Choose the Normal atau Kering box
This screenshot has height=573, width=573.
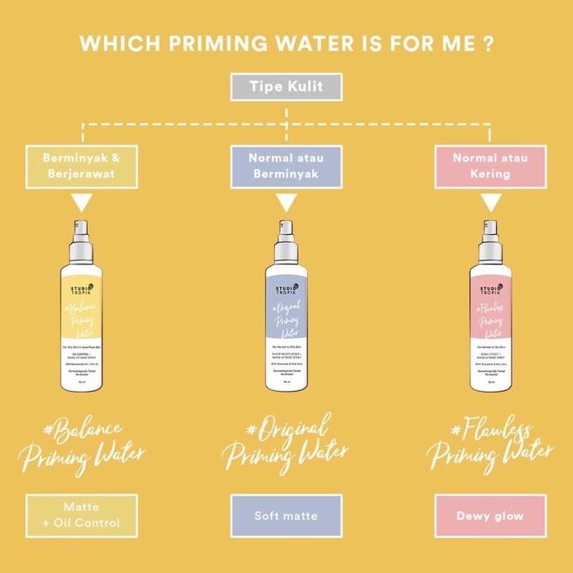pyautogui.click(x=490, y=165)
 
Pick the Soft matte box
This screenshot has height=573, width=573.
pyautogui.click(x=286, y=517)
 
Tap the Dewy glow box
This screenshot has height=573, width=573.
pyautogui.click(x=490, y=517)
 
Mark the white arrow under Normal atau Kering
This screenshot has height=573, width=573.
pyautogui.click(x=490, y=203)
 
